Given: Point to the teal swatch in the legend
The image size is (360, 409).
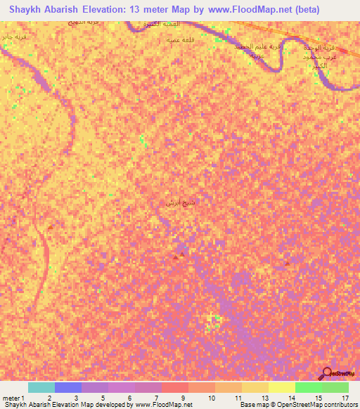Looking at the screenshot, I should tap(41, 387).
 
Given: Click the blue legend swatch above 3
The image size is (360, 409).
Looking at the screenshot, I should tap(68, 387).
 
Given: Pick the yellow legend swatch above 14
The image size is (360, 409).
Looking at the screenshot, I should tap(281, 387).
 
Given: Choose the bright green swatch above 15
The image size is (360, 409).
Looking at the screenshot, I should tap(308, 387).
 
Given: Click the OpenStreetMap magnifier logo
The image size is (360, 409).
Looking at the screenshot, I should tap(328, 373).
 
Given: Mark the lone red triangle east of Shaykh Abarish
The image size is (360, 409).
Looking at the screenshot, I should tap(286, 264).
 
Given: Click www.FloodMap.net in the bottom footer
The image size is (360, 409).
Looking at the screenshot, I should tap(164, 405).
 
